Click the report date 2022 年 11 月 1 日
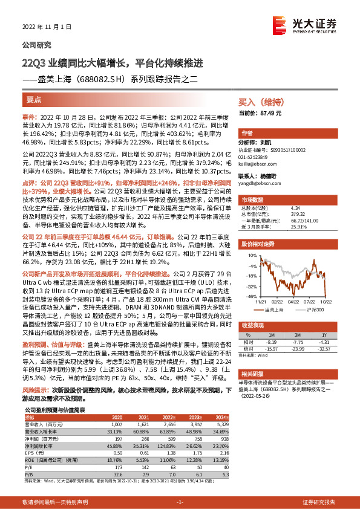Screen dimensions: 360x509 (x=47, y=27)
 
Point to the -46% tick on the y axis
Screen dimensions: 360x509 (x=249, y=296)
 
